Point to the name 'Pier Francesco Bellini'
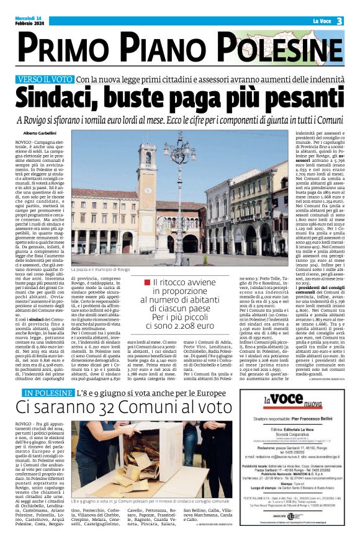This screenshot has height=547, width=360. click(317, 438)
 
